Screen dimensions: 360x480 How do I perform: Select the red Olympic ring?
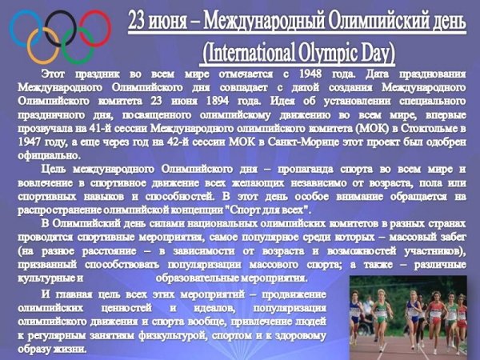click(94, 25)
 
